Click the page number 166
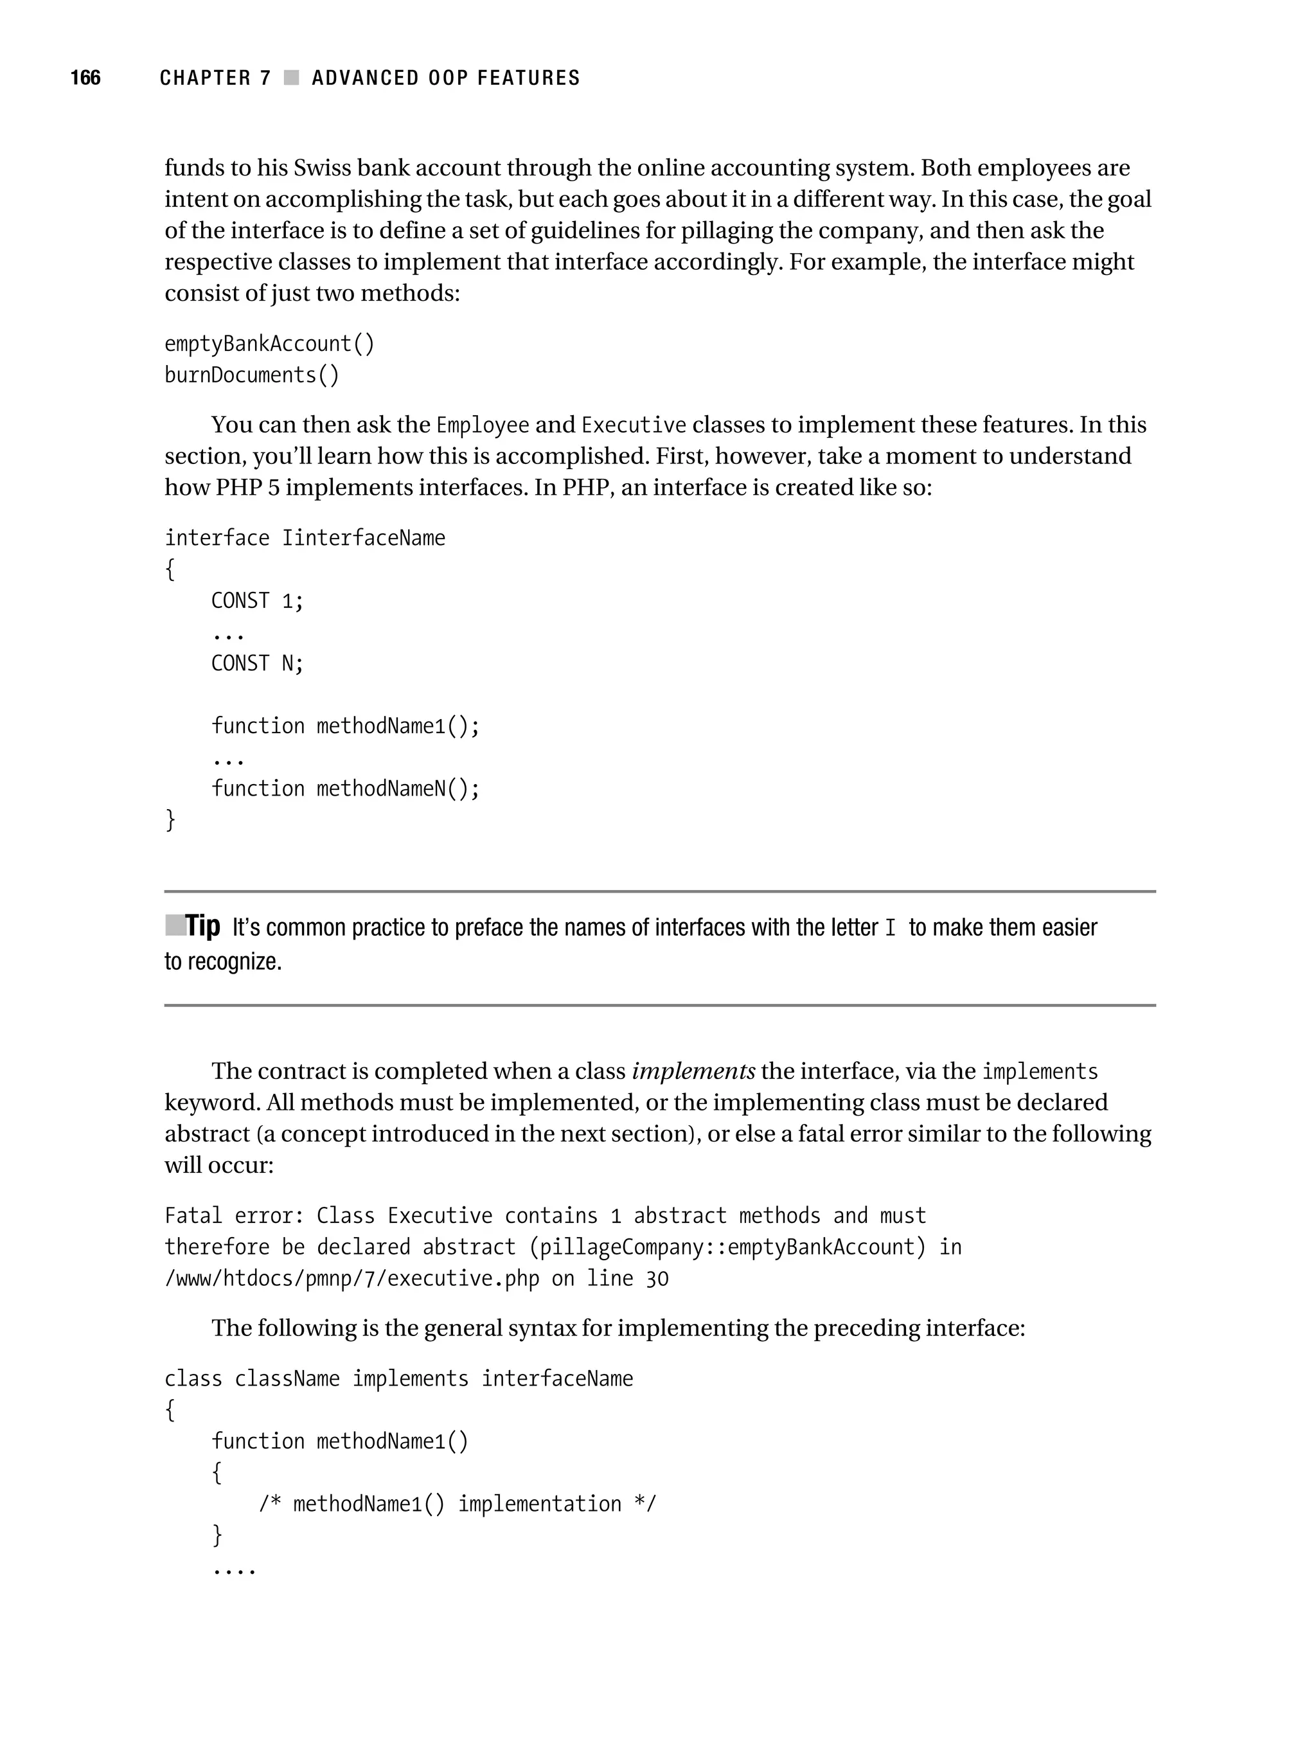point(85,77)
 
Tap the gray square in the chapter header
point(291,77)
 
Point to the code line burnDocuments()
point(251,375)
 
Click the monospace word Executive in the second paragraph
point(634,425)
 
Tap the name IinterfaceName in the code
point(363,538)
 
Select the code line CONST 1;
point(257,601)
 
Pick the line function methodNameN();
point(345,789)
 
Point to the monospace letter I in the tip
point(890,929)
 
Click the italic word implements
point(693,1071)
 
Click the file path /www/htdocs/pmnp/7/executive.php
point(351,1279)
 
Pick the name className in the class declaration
point(287,1379)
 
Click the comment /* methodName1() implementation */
point(457,1504)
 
